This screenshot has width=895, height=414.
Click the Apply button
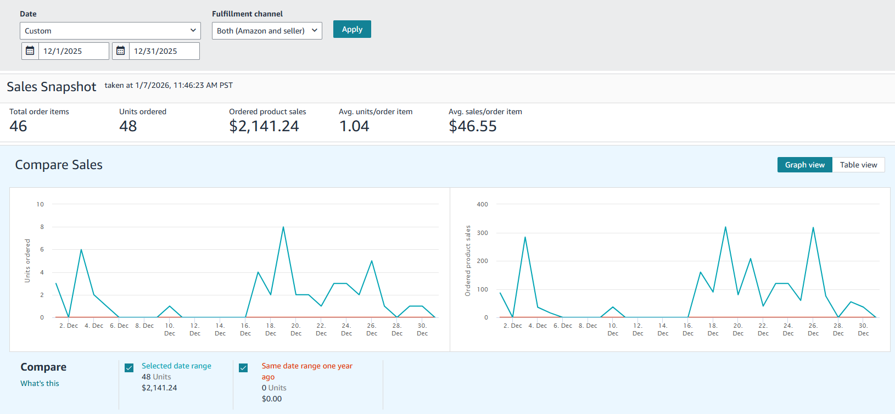coord(352,29)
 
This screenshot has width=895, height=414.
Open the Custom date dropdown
coord(110,31)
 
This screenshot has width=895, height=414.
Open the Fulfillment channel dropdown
coord(267,31)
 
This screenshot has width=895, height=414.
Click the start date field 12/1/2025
coord(73,51)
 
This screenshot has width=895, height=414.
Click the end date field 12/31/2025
coord(164,51)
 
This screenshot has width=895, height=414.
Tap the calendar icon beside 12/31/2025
coord(121,51)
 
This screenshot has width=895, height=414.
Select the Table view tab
coord(858,165)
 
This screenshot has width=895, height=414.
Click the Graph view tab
coord(804,165)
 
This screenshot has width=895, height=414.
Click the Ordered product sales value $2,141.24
coord(264,126)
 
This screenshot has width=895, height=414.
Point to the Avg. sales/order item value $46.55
coord(473,126)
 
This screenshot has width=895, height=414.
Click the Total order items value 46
coord(18,126)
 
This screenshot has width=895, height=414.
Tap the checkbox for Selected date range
coord(129,368)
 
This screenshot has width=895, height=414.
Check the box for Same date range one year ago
coord(243,368)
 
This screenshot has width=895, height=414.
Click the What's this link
coord(40,383)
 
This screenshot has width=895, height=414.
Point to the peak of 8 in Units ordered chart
coord(283,227)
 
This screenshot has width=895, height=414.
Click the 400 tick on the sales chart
coord(482,204)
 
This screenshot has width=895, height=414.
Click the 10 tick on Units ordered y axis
coord(40,204)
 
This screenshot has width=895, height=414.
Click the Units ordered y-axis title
coord(27,261)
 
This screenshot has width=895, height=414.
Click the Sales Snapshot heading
coord(52,87)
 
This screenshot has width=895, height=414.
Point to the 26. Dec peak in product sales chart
coord(813,228)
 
